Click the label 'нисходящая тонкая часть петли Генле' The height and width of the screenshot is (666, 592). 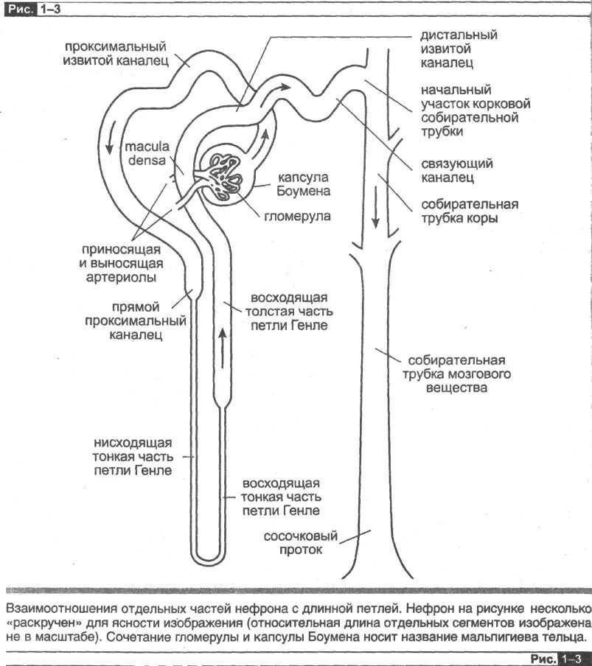(133, 456)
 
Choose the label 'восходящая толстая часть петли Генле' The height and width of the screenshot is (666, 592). (289, 311)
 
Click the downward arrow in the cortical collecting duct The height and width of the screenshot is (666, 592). (376, 211)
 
